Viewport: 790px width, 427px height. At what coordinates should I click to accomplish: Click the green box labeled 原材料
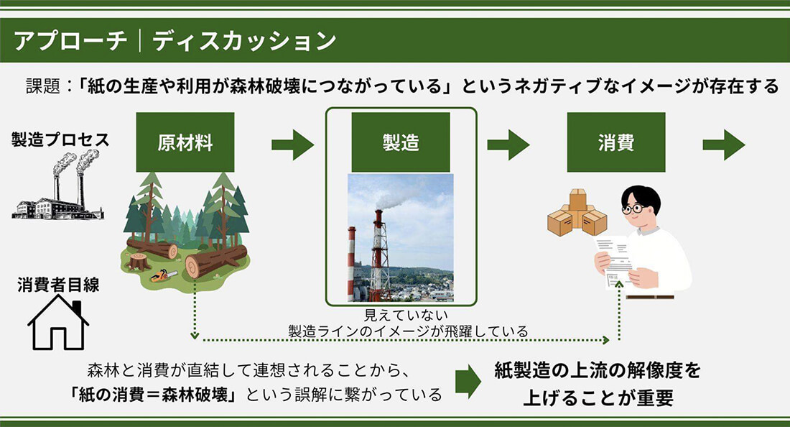click(185, 142)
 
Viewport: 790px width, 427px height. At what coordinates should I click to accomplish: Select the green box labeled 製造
click(401, 142)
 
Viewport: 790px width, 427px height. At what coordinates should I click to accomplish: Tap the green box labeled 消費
click(616, 142)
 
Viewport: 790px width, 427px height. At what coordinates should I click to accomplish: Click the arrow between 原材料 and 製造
click(293, 144)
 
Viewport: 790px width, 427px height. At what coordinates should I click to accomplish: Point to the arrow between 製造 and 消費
click(508, 144)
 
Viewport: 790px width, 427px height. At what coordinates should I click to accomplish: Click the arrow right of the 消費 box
click(724, 144)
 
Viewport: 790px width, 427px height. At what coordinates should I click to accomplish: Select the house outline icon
click(58, 323)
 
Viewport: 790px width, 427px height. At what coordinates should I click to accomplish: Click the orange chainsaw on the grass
click(164, 275)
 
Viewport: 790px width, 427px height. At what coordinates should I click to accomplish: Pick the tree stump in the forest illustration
click(139, 261)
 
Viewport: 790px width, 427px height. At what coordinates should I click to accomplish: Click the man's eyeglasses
click(633, 208)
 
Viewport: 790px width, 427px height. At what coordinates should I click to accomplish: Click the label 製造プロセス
click(60, 139)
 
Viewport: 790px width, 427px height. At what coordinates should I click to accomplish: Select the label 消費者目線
click(58, 285)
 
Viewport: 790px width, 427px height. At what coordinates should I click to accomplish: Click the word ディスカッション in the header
click(244, 41)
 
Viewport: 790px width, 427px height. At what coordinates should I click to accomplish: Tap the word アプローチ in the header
click(70, 41)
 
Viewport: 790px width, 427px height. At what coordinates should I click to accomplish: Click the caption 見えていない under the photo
click(406, 315)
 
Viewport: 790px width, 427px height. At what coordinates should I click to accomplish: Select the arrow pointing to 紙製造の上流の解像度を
click(468, 382)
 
